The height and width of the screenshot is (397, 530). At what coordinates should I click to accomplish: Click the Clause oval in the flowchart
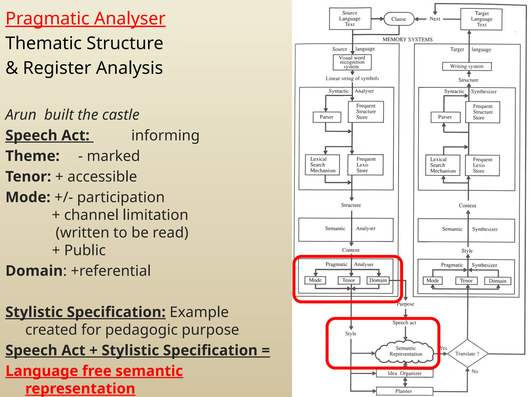pyautogui.click(x=399, y=19)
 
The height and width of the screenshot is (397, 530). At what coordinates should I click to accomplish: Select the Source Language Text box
pyautogui.click(x=350, y=19)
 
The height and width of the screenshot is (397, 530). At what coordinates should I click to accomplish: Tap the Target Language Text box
pyautogui.click(x=481, y=19)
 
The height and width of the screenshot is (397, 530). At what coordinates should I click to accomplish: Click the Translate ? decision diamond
pyautogui.click(x=467, y=354)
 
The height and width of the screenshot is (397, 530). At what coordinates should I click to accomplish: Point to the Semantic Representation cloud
pyautogui.click(x=406, y=352)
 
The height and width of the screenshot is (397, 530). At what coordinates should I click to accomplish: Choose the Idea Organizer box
pyautogui.click(x=404, y=373)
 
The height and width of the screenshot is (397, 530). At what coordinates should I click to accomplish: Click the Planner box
pyautogui.click(x=404, y=391)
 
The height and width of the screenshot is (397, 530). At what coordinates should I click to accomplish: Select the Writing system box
pyautogui.click(x=467, y=66)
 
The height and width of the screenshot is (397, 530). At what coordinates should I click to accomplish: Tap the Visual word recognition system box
pyautogui.click(x=352, y=62)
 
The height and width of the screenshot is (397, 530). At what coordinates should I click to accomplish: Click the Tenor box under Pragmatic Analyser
pyautogui.click(x=349, y=280)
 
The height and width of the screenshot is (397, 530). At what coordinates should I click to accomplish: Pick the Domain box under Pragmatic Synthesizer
pyautogui.click(x=497, y=281)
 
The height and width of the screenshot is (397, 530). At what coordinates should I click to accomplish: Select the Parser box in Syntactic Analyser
pyautogui.click(x=327, y=117)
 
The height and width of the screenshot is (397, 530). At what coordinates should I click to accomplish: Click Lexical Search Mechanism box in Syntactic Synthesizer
pyautogui.click(x=443, y=165)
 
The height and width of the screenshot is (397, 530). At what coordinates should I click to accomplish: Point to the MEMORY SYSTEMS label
pyautogui.click(x=408, y=40)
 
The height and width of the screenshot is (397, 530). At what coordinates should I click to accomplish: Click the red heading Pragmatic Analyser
pyautogui.click(x=85, y=19)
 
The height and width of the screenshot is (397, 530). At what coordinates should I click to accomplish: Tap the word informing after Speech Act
pyautogui.click(x=165, y=135)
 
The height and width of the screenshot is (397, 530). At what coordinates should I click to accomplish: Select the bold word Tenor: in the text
pyautogui.click(x=28, y=177)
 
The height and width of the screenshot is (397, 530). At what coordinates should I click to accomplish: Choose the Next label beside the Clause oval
pyautogui.click(x=435, y=19)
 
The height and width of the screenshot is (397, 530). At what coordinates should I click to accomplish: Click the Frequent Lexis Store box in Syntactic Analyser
pyautogui.click(x=366, y=165)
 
